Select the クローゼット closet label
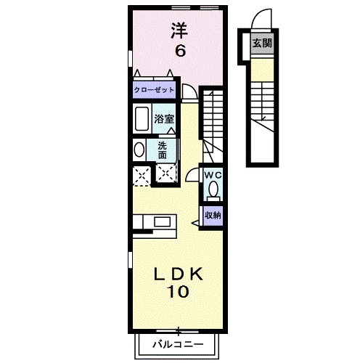pyautogui.click(x=153, y=91)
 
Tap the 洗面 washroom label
pyautogui.click(x=163, y=150)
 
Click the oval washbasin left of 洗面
pyautogui.click(x=139, y=150)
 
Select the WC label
pyautogui.click(x=212, y=176)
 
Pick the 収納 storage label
pyautogui.click(x=212, y=215)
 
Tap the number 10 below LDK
pyautogui.click(x=180, y=293)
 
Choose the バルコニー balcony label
pyautogui.click(x=178, y=343)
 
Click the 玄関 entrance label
pyautogui.click(x=262, y=43)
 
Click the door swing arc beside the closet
pyautogui.click(x=189, y=91)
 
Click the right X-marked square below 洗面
pyautogui.click(x=166, y=174)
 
